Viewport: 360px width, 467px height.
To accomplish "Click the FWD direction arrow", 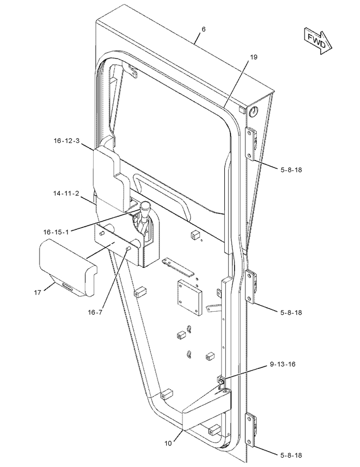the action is click(318, 41).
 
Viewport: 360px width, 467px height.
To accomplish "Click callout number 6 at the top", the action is click(203, 29).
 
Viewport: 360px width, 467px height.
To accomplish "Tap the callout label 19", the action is click(254, 57).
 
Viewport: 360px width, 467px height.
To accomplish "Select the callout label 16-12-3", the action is click(67, 140).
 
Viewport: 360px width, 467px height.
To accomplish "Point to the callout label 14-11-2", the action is click(66, 193).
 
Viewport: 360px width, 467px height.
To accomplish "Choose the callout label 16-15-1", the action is click(56, 232).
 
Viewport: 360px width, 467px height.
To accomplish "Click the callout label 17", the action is click(38, 293).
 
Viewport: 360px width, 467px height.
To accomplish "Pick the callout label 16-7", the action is click(95, 312).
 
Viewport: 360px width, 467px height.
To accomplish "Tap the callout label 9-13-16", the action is click(282, 364).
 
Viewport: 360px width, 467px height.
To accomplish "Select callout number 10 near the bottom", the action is click(168, 443).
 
